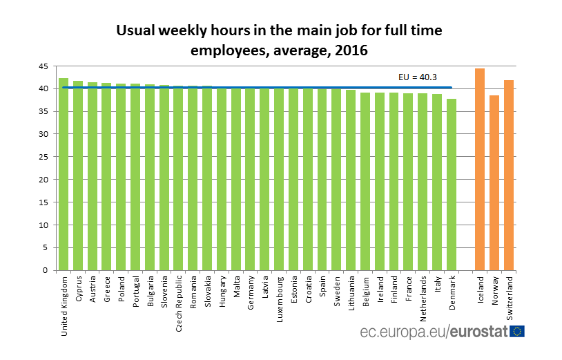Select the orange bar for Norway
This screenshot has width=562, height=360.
coord(494,183)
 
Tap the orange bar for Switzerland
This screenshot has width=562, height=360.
coord(509,176)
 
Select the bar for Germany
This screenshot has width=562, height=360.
coord(250,180)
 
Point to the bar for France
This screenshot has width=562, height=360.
coord(408,182)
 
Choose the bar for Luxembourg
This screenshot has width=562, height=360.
coord(279,180)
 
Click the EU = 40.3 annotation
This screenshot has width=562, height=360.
coord(418,77)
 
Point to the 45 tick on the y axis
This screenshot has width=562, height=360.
coord(43,66)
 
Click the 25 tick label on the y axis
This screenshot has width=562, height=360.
coord(43,157)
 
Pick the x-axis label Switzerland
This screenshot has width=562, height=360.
coord(510,298)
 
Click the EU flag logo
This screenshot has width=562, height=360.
coord(516,332)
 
